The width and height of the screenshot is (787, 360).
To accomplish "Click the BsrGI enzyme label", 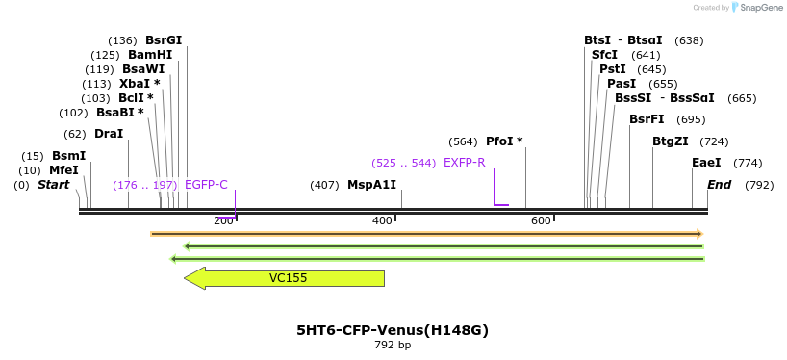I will pos(164,40).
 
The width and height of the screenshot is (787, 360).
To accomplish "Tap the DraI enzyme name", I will pos(109,134).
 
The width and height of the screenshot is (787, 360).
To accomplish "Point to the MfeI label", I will pos(63,170).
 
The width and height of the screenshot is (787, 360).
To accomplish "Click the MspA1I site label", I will pos(371,185).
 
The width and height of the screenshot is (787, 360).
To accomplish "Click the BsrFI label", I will pos(647,119).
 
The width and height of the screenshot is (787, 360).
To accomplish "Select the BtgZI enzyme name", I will pos(670,141).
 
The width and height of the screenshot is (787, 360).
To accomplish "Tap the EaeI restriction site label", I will pos(706,163).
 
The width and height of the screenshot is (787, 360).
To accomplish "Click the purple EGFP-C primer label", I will pos(206,185).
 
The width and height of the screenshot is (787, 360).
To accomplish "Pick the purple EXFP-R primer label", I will pos(464,163).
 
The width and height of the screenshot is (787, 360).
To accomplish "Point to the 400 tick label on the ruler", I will pos(382,221).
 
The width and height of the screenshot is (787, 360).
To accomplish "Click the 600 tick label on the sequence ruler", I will pos(541,221).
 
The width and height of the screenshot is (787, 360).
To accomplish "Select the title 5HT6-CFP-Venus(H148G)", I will pos(393,330).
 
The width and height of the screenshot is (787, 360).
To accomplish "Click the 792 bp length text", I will pos(393,346).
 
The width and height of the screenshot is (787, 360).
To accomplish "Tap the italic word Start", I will pos(53,185).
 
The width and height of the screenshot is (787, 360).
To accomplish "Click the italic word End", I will pos(719,185).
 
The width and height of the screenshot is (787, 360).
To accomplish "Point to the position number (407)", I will pos(324,185).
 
